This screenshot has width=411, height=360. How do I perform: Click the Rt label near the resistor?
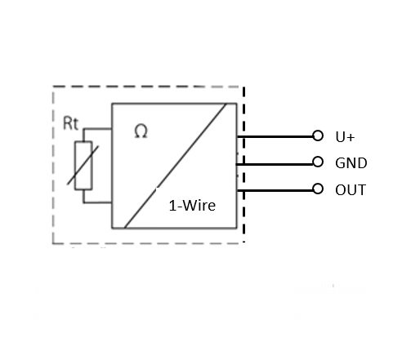point(70,123)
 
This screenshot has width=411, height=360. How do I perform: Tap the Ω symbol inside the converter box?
point(141,131)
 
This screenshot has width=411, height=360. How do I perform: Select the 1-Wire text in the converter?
point(192,206)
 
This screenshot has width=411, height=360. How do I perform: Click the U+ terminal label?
point(345,137)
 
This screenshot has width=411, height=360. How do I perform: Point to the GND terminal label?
point(351,163)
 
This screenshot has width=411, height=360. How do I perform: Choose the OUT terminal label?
point(351,190)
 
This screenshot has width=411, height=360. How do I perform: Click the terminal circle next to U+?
point(318,136)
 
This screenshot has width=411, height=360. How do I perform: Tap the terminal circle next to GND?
point(318,162)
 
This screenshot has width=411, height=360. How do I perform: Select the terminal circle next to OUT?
point(318,189)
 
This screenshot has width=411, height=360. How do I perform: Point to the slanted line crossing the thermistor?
point(83,166)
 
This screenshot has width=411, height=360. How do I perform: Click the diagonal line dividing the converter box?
point(175,166)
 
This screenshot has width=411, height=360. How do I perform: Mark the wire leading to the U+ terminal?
point(275,136)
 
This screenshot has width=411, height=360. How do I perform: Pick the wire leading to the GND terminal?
point(275,164)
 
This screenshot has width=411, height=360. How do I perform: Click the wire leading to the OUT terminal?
point(275,190)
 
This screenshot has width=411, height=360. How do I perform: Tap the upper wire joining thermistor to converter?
point(97,128)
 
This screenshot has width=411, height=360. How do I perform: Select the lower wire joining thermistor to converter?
point(97,202)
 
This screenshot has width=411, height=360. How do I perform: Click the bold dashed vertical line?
point(243,164)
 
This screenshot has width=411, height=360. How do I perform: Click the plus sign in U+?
point(351,138)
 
